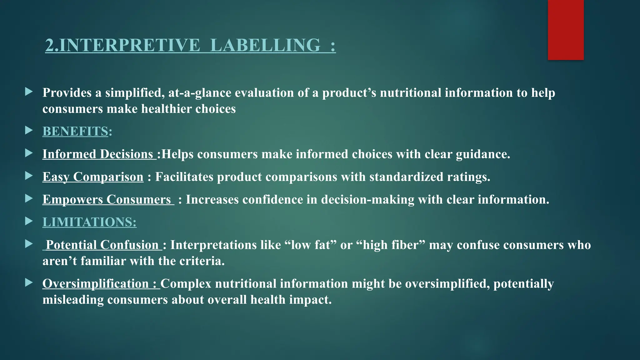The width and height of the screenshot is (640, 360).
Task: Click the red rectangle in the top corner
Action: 566,30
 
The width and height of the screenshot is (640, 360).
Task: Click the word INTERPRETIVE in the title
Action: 129,45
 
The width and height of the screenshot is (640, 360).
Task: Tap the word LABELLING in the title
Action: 265,45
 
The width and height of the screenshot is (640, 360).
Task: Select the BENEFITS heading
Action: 75,131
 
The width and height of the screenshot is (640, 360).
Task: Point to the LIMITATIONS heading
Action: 89,222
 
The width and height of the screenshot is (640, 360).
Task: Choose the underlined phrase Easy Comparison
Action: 93,177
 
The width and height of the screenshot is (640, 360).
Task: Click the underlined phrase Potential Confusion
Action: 102,245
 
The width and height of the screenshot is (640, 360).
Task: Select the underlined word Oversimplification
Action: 96,284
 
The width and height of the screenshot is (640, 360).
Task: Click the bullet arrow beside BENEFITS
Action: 29,130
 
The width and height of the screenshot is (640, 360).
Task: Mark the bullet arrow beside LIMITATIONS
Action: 29,221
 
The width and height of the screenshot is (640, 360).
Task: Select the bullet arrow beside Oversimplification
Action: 29,283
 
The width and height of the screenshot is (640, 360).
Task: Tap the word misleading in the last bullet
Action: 73,300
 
